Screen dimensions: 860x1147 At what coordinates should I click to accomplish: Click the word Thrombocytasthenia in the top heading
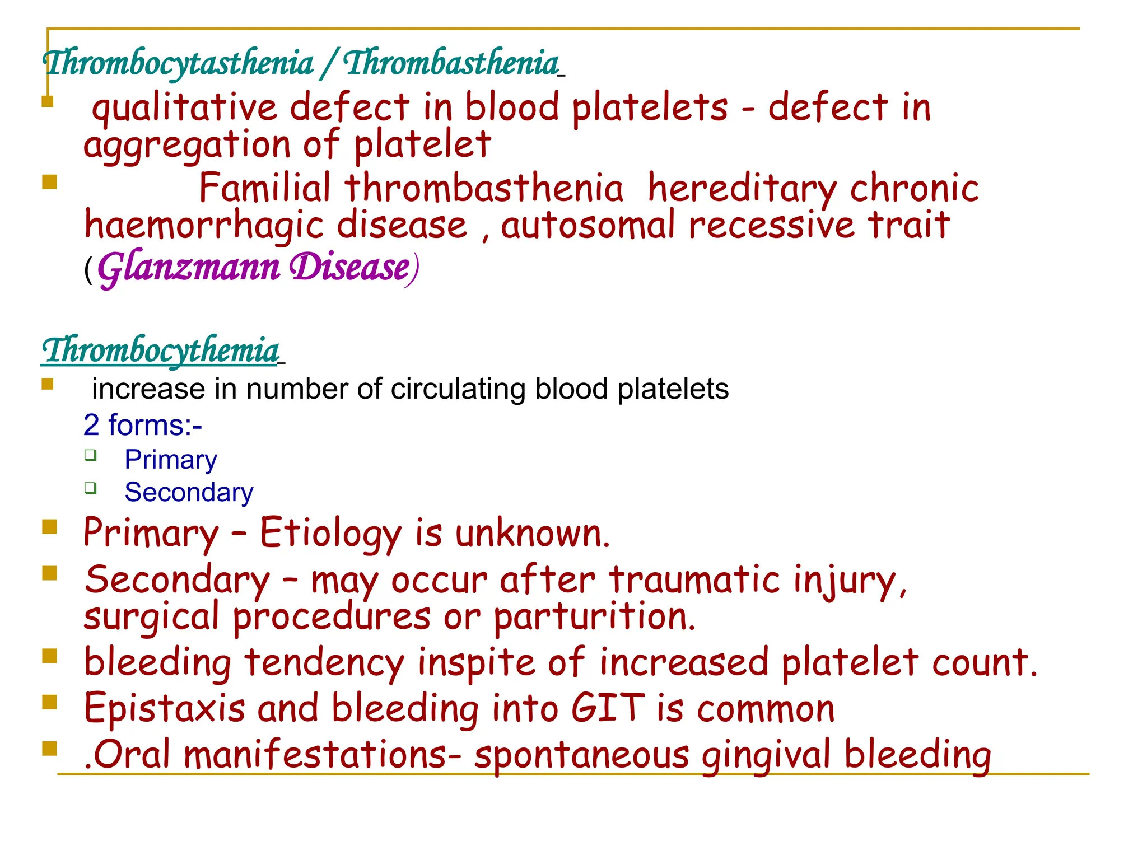click(179, 63)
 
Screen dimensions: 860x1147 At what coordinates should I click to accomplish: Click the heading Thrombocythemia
click(161, 350)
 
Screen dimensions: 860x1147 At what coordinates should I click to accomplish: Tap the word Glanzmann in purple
click(189, 268)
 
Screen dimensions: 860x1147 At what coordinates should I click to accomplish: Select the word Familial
click(265, 188)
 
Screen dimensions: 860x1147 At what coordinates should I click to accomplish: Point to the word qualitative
click(184, 108)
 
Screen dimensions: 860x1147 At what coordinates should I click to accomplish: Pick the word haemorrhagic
click(204, 226)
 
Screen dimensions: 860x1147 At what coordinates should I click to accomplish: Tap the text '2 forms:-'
click(143, 425)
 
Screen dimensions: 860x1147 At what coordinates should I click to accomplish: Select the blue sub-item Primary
click(171, 460)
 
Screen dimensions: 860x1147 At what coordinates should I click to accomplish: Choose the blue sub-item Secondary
click(189, 493)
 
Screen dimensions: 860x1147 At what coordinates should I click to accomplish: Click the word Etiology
click(330, 534)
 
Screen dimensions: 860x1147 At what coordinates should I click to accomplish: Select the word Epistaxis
click(165, 708)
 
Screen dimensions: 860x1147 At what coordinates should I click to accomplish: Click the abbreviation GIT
click(608, 708)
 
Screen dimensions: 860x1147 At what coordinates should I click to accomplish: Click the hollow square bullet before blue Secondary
click(91, 488)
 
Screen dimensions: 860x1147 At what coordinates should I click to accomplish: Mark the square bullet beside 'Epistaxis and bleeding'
click(50, 702)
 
